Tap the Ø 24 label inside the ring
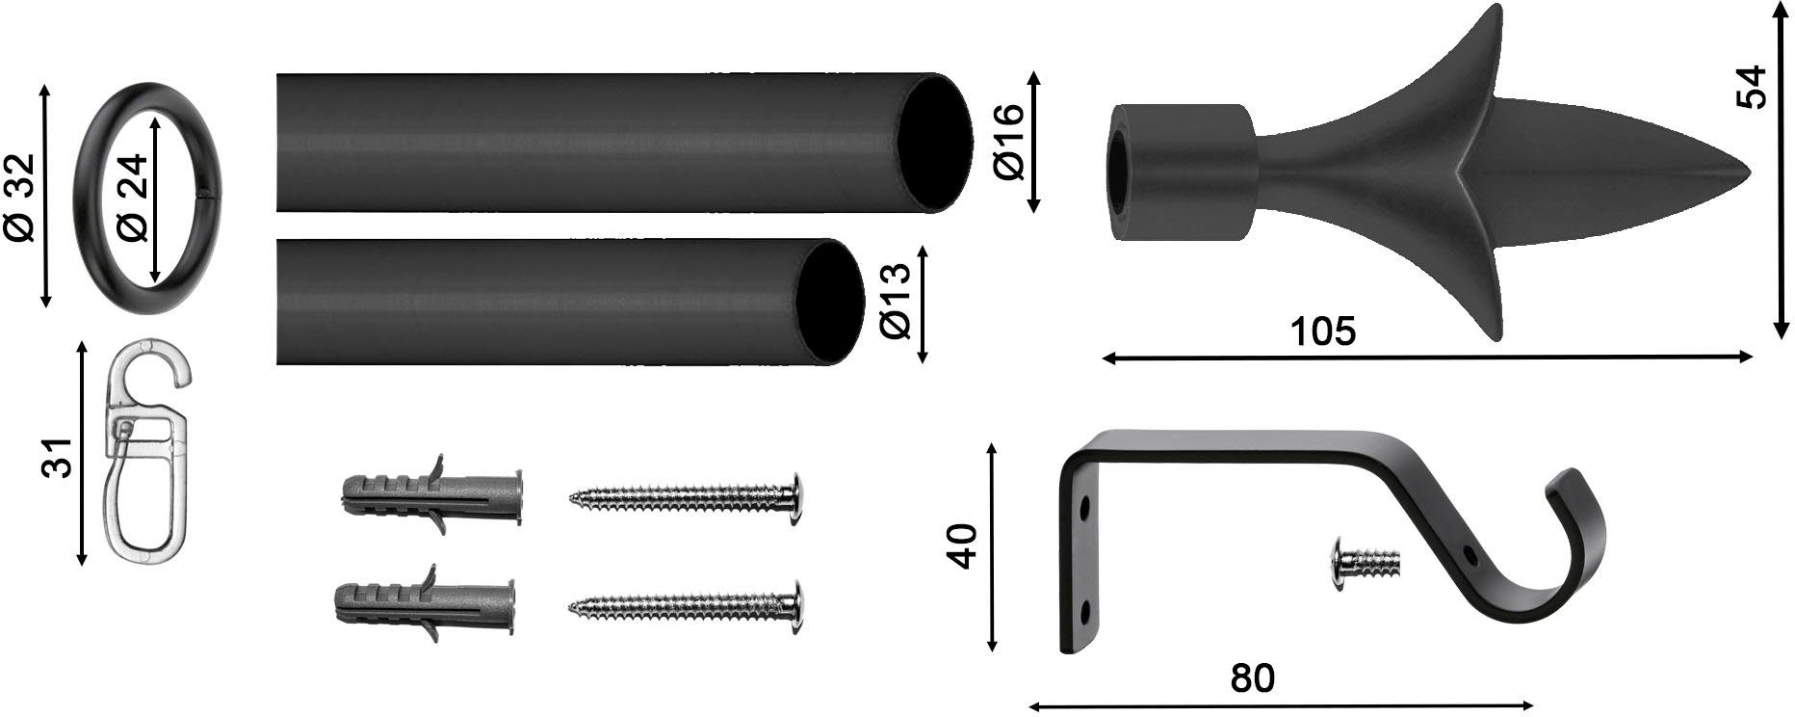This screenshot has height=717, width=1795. coord(134,197)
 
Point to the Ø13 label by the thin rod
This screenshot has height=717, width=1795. coord(897,302)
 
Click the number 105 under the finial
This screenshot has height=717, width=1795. coord(1322,331)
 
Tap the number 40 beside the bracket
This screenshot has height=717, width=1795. coord(963,546)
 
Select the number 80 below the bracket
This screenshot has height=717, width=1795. coord(1252,678)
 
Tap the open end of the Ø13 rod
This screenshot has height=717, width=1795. coord(828,302)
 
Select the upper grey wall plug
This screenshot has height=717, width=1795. coord(431,496)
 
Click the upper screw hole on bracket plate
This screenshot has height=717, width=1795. coord(1085,505)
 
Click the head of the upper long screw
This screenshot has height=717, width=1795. coord(795,496)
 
